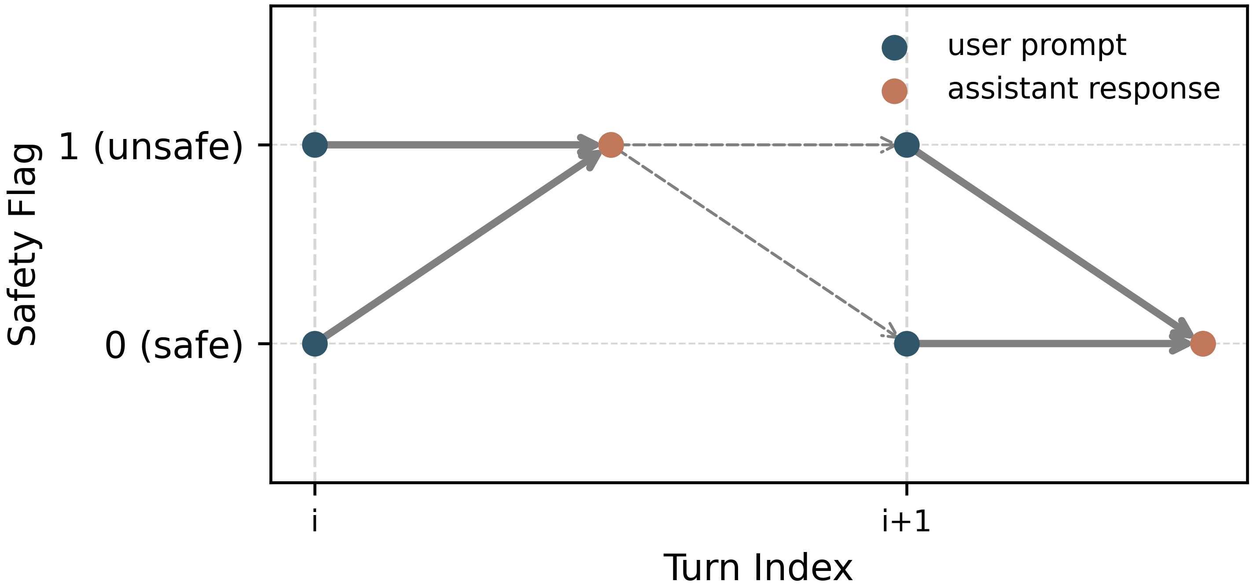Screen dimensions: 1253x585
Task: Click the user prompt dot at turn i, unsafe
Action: [315, 145]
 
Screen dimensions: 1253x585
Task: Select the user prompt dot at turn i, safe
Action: [315, 344]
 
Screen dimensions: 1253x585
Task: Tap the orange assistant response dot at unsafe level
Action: [611, 145]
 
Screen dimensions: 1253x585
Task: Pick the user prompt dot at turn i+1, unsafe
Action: [907, 145]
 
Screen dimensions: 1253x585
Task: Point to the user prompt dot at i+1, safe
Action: [907, 344]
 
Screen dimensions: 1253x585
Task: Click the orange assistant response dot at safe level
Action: [1203, 344]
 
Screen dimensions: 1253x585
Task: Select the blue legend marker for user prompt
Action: [894, 48]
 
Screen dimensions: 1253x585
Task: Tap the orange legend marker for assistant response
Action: [894, 91]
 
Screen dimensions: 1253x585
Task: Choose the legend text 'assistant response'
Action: [1084, 89]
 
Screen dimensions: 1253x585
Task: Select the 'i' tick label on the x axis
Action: [315, 522]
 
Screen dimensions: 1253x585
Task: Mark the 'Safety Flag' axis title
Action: [23, 245]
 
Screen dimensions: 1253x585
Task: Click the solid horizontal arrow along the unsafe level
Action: [457, 145]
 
